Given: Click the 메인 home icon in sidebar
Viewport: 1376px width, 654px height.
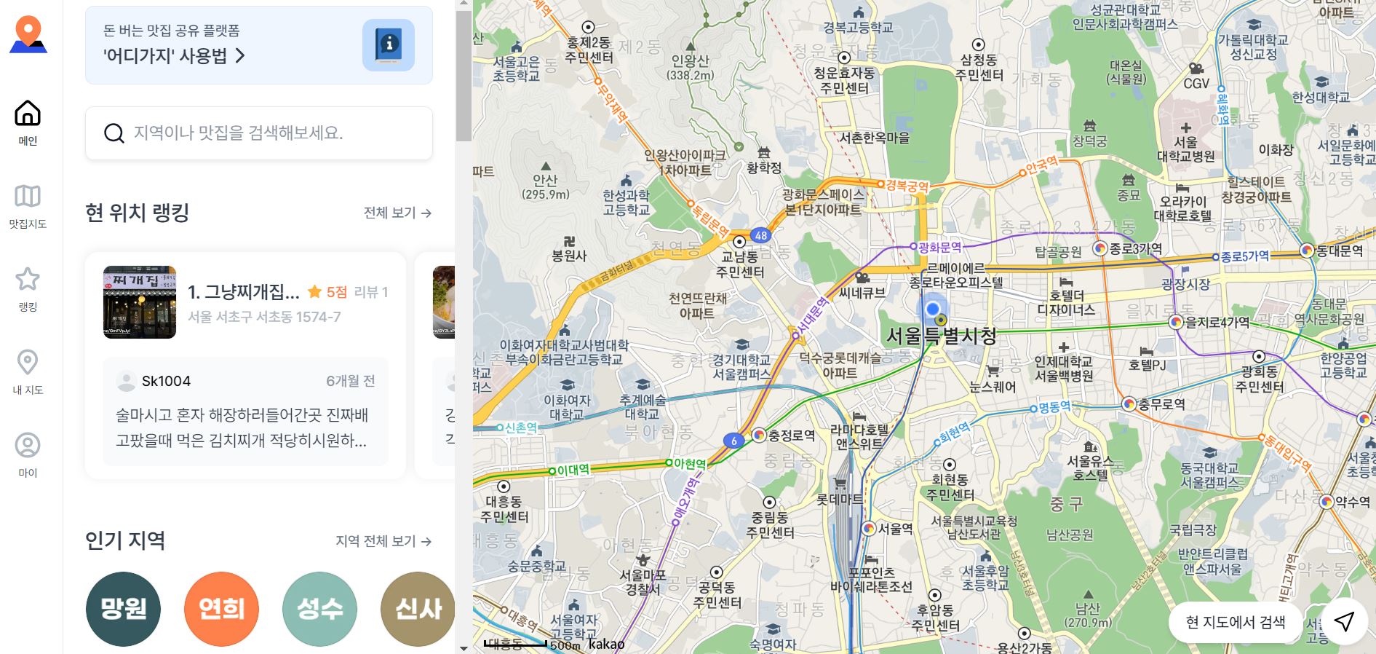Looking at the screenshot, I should click(x=28, y=114).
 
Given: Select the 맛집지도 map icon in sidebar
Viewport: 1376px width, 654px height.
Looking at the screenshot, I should click(x=28, y=196).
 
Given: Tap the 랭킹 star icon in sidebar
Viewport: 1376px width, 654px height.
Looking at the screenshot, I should click(x=28, y=279).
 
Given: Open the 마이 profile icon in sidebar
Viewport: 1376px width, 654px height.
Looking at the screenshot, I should click(x=28, y=445).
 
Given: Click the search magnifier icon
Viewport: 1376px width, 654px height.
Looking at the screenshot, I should click(x=114, y=133).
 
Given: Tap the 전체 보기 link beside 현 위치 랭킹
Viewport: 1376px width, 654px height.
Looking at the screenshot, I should click(x=397, y=213).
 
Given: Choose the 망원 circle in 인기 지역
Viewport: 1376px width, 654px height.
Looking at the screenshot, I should click(x=123, y=609).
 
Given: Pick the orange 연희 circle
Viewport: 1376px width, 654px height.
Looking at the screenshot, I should click(x=221, y=609).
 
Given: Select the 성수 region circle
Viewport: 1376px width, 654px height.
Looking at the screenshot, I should click(x=319, y=609).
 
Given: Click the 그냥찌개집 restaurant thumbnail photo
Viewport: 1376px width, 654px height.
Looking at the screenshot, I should click(x=140, y=302).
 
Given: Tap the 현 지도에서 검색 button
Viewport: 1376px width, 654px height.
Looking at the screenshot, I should click(x=1235, y=622).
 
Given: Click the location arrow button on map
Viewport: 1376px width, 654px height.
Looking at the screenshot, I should click(x=1343, y=621).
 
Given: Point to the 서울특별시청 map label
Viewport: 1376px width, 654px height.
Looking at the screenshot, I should click(x=940, y=336).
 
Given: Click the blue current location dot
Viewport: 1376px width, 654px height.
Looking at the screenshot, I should click(x=932, y=309).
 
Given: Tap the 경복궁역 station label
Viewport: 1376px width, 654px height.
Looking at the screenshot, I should click(x=907, y=186).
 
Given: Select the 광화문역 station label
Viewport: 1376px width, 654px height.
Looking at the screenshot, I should click(x=939, y=248).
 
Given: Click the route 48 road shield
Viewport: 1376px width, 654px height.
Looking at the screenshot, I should click(x=760, y=235).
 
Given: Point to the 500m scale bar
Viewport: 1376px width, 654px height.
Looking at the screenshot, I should click(x=516, y=644).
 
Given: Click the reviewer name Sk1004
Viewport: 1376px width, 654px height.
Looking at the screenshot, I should click(x=166, y=381).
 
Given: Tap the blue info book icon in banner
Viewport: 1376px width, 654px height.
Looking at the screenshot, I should click(x=388, y=45).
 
